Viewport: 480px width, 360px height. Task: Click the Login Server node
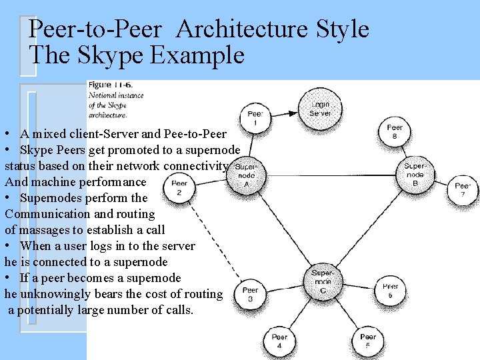coord(319,109)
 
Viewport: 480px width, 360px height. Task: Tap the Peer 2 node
coord(179,189)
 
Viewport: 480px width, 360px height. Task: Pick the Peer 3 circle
coord(250,295)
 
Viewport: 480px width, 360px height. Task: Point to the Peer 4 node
coord(279,341)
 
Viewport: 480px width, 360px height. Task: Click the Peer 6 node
coord(391,291)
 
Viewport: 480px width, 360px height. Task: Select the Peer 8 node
coord(395,132)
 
